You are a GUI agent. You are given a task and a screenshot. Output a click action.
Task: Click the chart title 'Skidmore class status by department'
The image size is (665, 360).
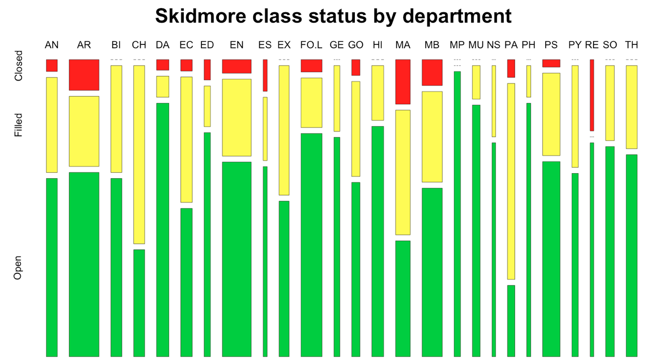point(333,16)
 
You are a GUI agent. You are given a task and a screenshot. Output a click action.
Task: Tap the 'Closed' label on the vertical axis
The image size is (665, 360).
point(19,66)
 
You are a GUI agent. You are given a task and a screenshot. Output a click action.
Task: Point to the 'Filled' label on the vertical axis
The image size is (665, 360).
point(19,125)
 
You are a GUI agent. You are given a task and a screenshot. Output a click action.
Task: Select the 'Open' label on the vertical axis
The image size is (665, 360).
point(19,269)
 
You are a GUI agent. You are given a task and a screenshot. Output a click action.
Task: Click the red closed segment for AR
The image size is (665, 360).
point(84,75)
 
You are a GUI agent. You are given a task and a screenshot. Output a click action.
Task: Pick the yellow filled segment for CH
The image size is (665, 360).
point(139,154)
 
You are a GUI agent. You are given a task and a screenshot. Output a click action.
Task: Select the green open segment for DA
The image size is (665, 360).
point(163,229)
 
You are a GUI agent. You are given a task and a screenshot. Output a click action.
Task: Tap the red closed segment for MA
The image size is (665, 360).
point(403,82)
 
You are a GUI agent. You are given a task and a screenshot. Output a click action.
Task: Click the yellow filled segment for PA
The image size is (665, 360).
point(511,181)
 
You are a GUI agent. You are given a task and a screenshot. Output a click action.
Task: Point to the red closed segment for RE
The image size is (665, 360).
point(592,95)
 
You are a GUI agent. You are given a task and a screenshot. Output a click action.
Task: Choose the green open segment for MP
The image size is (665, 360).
point(457,213)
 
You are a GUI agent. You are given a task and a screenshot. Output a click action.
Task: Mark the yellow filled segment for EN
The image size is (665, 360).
point(237,117)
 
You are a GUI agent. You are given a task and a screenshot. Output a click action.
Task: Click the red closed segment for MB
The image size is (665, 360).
point(432,73)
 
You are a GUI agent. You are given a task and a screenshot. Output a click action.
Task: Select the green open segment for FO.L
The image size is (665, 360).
point(311,245)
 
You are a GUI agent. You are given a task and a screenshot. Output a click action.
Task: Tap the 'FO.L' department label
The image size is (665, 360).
point(311,45)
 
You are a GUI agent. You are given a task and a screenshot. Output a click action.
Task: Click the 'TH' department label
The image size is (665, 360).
point(631,45)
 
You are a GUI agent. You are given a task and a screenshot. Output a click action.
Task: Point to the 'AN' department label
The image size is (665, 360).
point(51,45)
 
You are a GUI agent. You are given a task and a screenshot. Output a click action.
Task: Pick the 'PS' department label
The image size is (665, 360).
point(551,45)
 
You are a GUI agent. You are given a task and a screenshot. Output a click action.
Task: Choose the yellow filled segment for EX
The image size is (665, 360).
point(284,130)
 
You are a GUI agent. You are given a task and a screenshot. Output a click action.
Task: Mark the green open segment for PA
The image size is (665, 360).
point(511,321)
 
